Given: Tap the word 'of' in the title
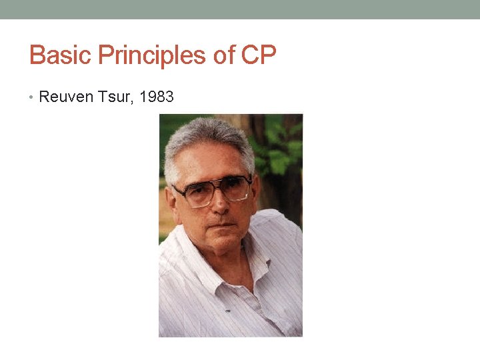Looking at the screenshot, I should pyautogui.click(x=225, y=55).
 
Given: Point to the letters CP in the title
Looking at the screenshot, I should pyautogui.click(x=259, y=55).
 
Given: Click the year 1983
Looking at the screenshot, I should pyautogui.click(x=158, y=97).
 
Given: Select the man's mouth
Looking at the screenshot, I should pyautogui.click(x=222, y=227).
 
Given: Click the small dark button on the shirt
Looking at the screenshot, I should pyautogui.click(x=227, y=311).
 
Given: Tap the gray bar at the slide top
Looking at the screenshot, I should pyautogui.click(x=240, y=9).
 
